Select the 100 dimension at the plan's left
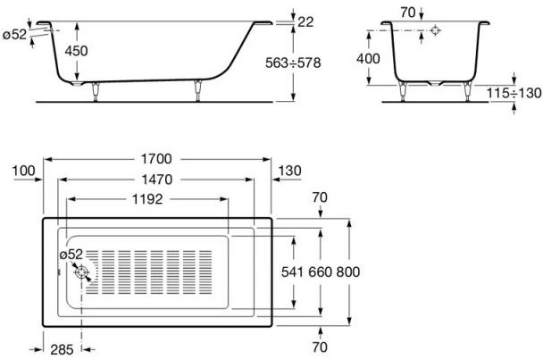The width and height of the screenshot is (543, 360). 24,171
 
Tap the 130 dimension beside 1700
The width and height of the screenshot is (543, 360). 290,171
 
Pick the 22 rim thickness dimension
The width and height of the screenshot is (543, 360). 307,20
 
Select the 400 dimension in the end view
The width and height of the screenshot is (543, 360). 367,59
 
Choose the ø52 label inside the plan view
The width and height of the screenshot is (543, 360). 71,255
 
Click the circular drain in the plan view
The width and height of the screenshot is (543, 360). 82,273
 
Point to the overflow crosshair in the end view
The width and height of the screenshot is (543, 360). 435,30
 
